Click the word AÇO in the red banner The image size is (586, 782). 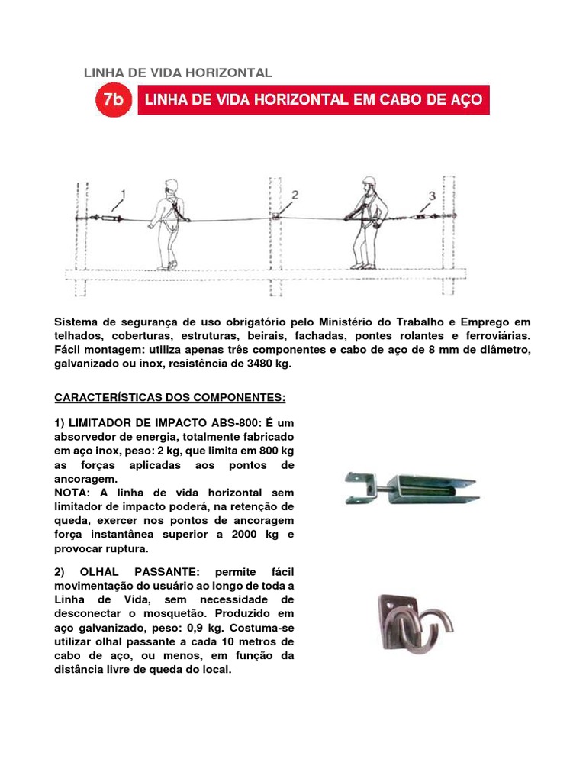pos(465,100)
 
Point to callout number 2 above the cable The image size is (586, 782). pos(295,195)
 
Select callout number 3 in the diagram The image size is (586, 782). pos(432,196)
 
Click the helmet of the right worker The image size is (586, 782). pos(369,183)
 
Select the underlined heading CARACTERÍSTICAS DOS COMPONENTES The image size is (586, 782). pos(169,398)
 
